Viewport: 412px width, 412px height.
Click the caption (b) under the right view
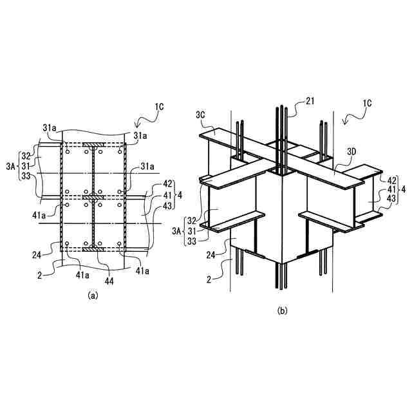click(282, 310)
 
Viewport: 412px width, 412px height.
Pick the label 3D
click(351, 151)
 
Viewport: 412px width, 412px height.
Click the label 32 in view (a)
click(25, 156)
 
